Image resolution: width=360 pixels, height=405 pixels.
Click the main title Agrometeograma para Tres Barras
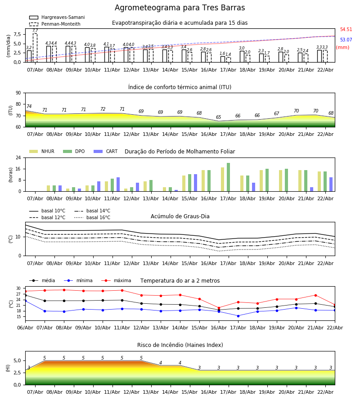180,8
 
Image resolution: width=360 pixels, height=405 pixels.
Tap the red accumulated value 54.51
346,30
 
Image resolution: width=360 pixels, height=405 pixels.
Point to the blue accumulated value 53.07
346,40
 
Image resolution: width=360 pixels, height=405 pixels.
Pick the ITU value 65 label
219,117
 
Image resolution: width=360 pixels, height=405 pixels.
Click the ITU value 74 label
29,107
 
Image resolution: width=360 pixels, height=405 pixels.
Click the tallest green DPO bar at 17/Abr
229,177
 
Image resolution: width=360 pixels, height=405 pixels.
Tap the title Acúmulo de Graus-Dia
180,216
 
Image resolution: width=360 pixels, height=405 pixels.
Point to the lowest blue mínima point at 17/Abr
238,315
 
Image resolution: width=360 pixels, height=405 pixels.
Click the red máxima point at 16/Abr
219,308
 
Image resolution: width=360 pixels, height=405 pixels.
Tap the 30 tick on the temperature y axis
19,288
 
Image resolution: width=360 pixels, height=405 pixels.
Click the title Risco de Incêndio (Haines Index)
180,345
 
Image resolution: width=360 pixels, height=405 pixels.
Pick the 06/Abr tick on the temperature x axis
25,327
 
